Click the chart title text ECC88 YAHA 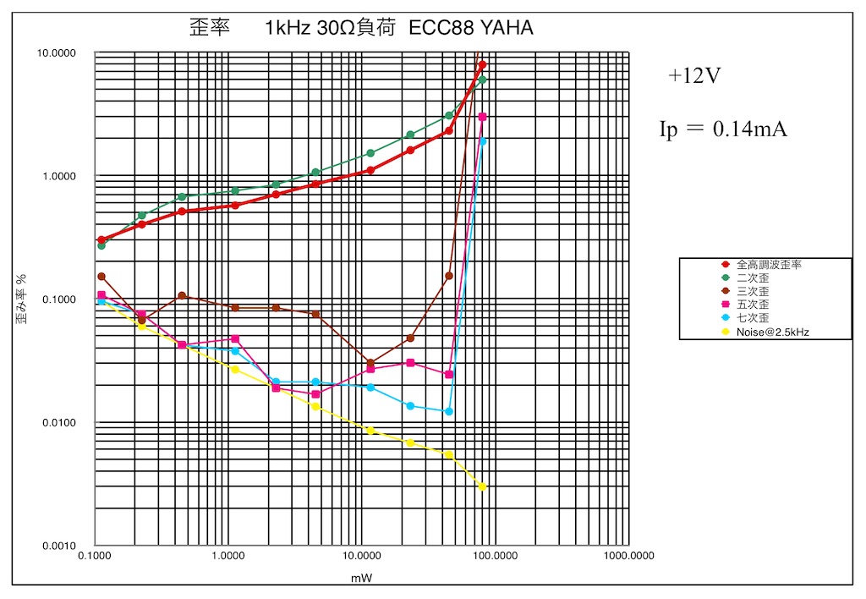(x=471, y=28)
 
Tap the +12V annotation (x=694, y=75)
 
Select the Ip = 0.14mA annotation (x=723, y=129)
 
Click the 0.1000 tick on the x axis (x=96, y=557)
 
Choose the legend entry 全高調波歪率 (x=768, y=265)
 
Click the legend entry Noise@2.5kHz (x=772, y=332)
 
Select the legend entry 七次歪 (x=752, y=319)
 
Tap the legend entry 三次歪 (x=752, y=292)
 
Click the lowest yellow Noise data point (x=482, y=486)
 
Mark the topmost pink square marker (x=482, y=117)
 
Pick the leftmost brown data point (x=101, y=277)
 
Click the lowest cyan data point (x=449, y=411)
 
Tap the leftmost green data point (x=101, y=245)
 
